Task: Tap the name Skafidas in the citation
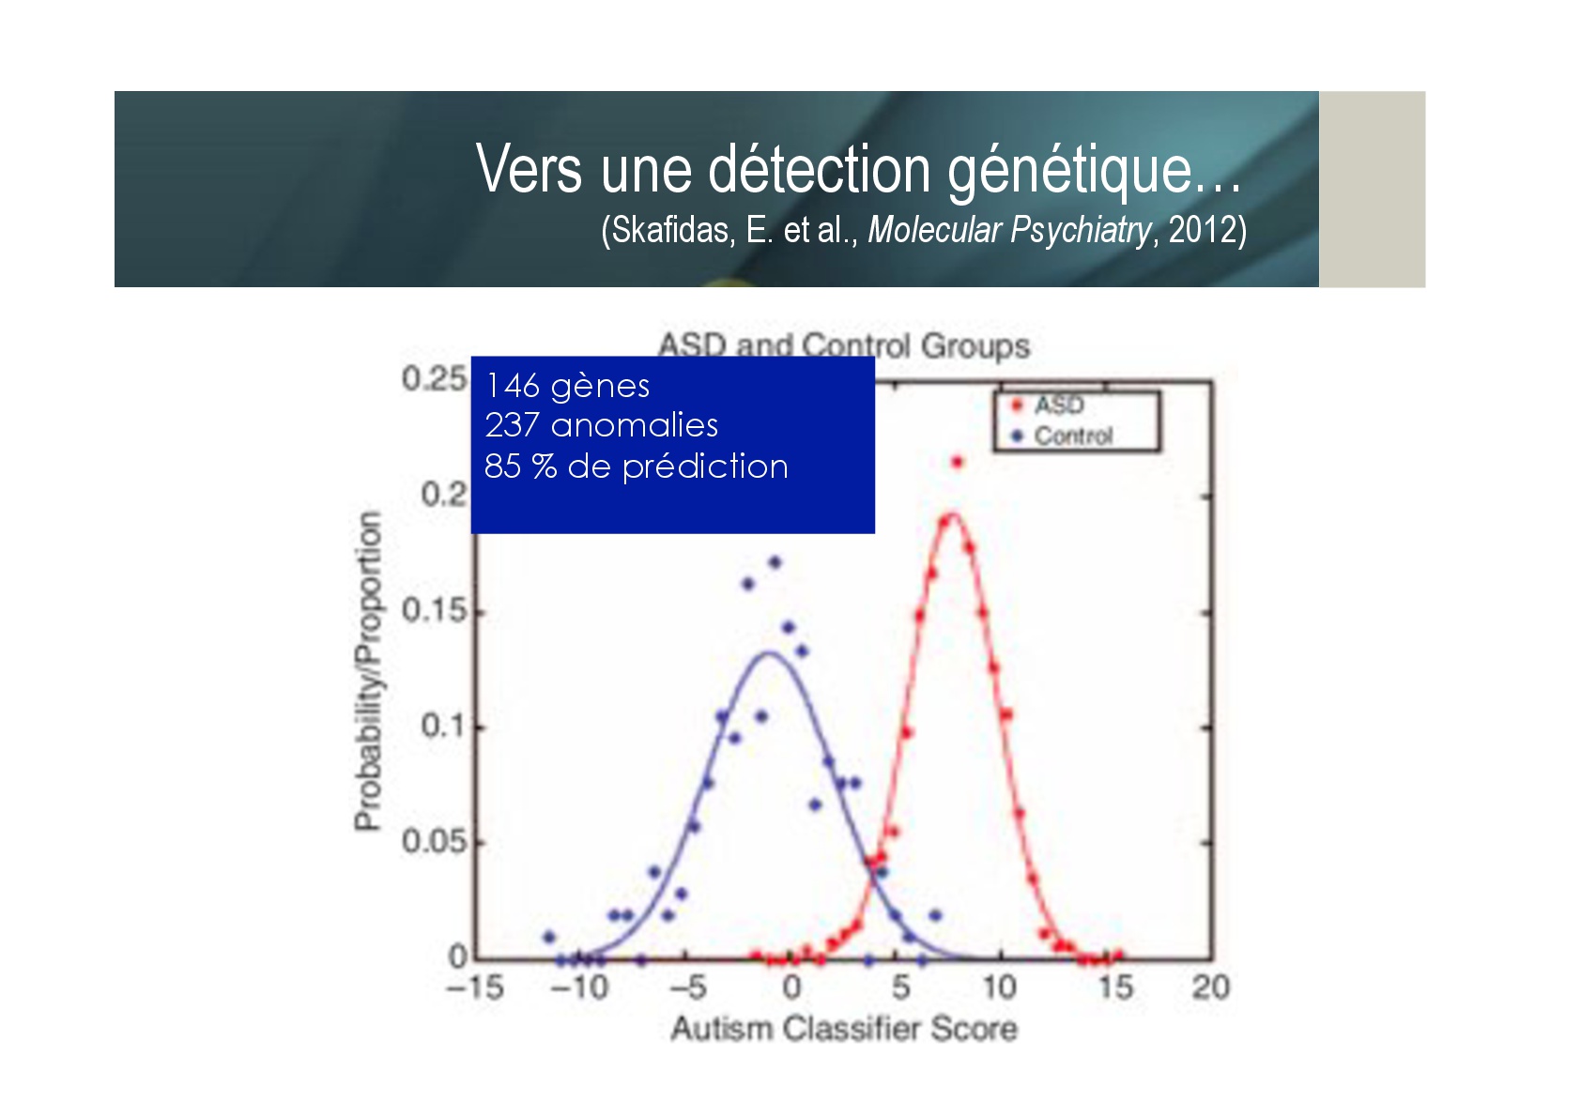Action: [x=669, y=230]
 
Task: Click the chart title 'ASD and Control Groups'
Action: [x=843, y=345]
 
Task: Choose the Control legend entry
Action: [x=1062, y=436]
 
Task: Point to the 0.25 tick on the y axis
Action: [x=434, y=379]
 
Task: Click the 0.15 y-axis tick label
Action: [x=434, y=610]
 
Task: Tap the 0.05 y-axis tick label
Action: [x=434, y=841]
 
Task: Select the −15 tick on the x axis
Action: [x=475, y=987]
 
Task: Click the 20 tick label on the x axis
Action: [x=1211, y=987]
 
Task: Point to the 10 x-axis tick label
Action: [x=1000, y=987]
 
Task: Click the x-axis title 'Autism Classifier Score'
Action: [x=844, y=1029]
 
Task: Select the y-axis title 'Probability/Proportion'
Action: [x=368, y=670]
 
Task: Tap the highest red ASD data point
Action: [x=957, y=462]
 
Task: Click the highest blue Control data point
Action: [x=775, y=562]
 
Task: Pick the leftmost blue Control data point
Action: [x=549, y=937]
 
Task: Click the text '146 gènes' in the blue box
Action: [x=568, y=386]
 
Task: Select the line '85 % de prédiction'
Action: [x=636, y=467]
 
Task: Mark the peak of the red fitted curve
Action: [x=952, y=513]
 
